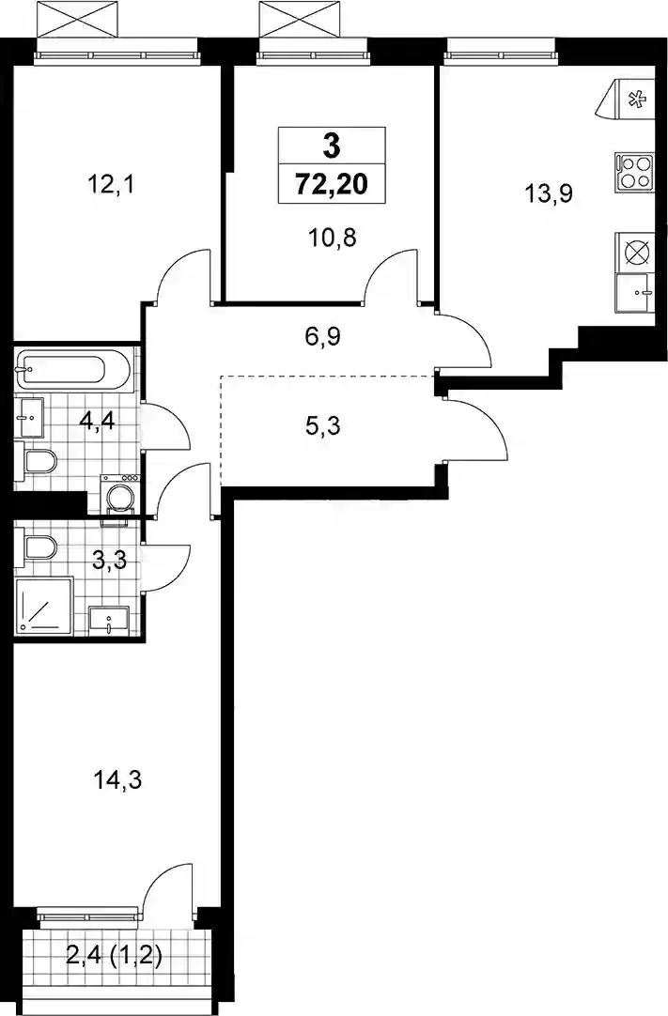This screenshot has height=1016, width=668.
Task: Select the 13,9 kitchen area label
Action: point(549,193)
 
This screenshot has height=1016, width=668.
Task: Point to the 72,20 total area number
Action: point(332,185)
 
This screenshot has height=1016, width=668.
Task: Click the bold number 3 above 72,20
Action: point(332,146)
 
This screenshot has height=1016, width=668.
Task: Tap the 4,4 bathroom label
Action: point(97,422)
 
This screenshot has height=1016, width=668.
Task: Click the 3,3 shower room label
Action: point(109,559)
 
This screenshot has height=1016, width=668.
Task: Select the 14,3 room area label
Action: point(117,781)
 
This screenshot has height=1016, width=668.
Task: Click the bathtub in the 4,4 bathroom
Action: point(72,370)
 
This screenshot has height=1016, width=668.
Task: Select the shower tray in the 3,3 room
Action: point(43,606)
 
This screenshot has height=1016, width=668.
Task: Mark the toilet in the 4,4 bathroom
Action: point(39,463)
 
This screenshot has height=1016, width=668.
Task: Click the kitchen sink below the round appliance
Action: point(633,294)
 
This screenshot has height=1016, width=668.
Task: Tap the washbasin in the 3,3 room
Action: point(109,620)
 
